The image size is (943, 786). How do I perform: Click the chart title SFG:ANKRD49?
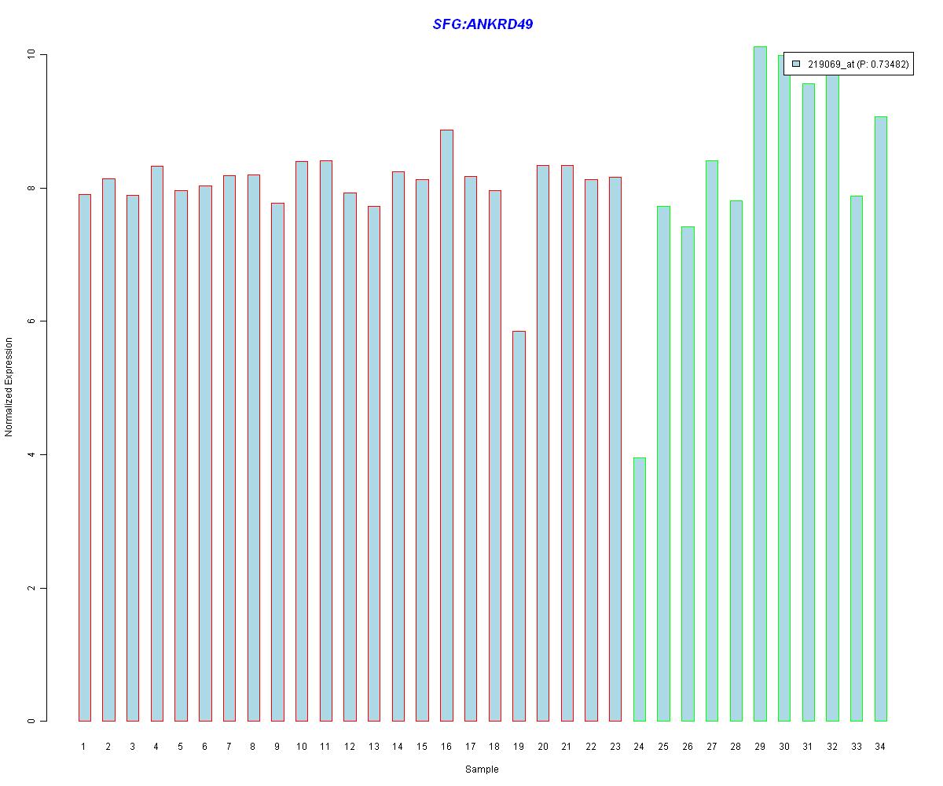[x=483, y=24]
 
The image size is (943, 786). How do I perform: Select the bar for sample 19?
[x=519, y=527]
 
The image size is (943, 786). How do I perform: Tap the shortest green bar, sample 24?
[x=640, y=589]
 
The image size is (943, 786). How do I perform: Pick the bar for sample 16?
[x=446, y=424]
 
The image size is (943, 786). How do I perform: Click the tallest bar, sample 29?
[x=760, y=385]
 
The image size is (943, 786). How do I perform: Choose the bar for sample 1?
[x=84, y=456]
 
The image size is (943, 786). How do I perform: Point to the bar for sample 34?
[x=881, y=417]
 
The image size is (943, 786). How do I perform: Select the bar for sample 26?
[x=688, y=472]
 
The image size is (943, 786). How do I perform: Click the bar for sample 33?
[x=857, y=456]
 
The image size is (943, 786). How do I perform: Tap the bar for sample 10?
[x=302, y=440]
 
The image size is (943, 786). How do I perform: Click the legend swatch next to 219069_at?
[x=796, y=64]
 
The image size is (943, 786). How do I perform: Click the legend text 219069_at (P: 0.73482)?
[x=857, y=64]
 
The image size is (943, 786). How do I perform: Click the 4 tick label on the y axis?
[x=31, y=455]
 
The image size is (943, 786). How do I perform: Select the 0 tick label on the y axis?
[x=31, y=722]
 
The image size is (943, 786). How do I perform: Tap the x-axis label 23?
[x=615, y=747]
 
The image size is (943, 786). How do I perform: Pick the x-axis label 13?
[x=374, y=747]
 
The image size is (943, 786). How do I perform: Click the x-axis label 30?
[x=784, y=747]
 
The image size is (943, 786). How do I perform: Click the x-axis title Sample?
[x=481, y=769]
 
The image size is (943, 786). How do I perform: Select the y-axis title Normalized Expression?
[x=9, y=387]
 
